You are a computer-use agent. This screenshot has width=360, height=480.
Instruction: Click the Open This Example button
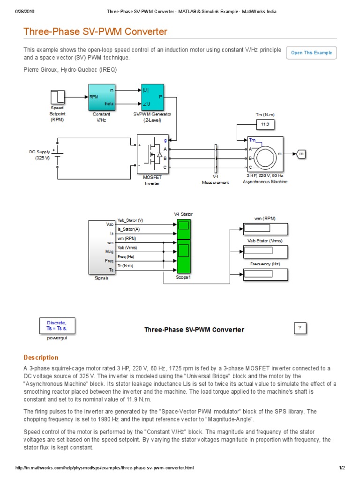tap(311, 53)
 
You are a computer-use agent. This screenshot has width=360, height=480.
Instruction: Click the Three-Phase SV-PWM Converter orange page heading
tap(95, 32)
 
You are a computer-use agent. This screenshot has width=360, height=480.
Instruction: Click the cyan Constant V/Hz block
tap(101, 97)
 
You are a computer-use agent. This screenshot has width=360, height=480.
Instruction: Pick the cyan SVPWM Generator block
tap(152, 97)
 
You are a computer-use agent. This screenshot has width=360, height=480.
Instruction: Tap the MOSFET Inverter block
tap(152, 154)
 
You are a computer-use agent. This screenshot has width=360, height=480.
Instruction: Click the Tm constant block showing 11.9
tap(265, 124)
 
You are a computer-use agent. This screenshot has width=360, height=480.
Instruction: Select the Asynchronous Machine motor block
tap(265, 154)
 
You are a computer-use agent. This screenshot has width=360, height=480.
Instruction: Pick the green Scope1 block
tap(183, 255)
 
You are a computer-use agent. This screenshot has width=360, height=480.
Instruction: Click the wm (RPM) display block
tap(265, 228)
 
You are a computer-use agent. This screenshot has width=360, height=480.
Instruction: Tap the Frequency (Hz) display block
tap(265, 274)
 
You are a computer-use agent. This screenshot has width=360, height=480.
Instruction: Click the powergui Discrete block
tap(57, 325)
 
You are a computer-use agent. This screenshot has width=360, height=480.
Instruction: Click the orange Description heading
tap(41, 357)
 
